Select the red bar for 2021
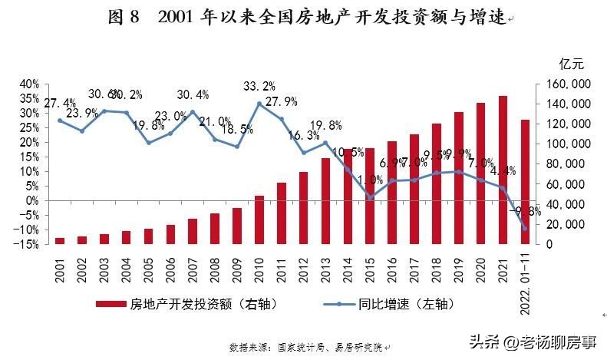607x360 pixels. click(x=503, y=170)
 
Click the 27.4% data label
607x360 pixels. click(x=60, y=103)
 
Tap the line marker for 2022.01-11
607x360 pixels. click(x=525, y=228)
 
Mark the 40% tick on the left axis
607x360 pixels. click(x=28, y=84)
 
